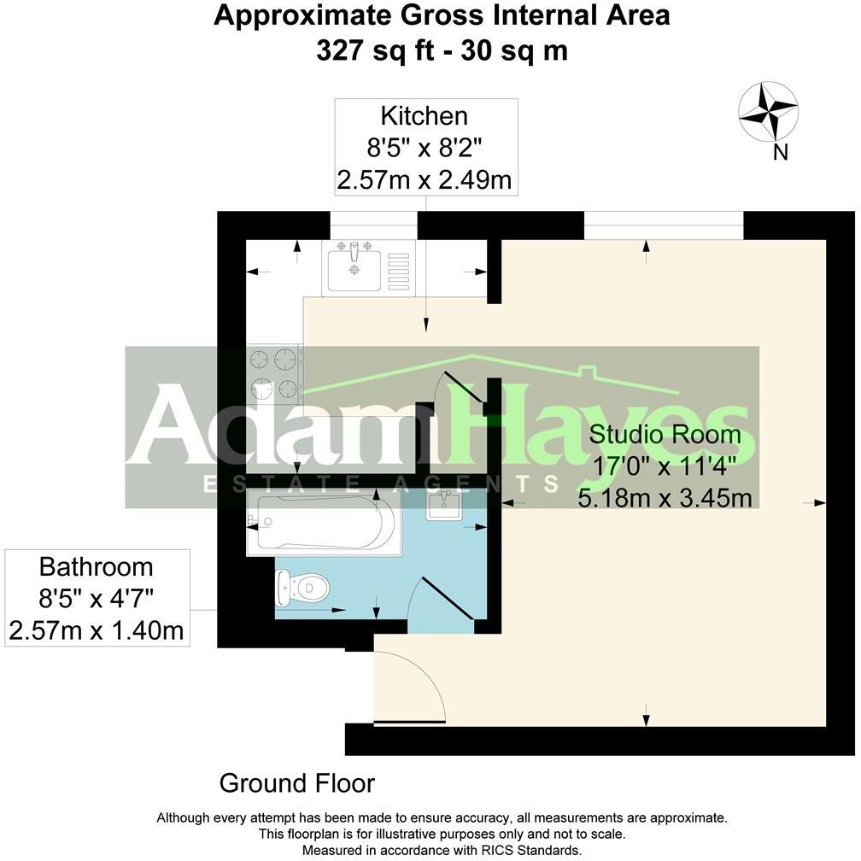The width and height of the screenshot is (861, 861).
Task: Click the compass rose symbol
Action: (x=768, y=111)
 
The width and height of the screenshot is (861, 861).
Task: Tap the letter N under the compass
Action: (x=779, y=153)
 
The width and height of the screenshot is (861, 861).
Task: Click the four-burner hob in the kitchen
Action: (x=274, y=374)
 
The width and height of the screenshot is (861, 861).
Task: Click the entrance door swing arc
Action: (x=410, y=680)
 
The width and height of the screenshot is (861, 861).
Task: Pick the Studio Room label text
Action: (x=665, y=434)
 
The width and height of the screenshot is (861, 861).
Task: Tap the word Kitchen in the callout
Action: (x=425, y=115)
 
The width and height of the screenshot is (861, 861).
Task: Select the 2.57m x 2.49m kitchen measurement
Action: (x=425, y=179)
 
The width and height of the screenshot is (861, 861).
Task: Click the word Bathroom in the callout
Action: (x=97, y=566)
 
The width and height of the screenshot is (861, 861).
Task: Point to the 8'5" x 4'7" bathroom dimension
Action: (x=97, y=599)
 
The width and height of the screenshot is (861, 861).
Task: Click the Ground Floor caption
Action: (x=296, y=782)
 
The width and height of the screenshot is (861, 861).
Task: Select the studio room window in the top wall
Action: (x=664, y=225)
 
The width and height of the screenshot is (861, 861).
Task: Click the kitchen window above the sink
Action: (x=373, y=225)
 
